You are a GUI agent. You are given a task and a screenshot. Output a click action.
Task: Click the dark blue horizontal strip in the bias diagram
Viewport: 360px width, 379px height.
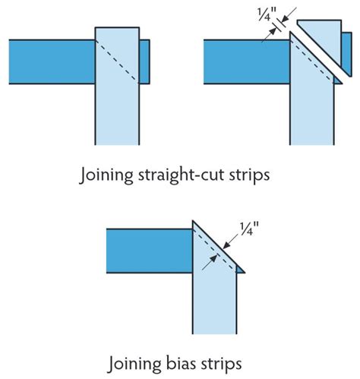(148, 248)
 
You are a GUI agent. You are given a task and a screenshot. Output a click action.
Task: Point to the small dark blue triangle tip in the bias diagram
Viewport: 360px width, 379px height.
(239, 269)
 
